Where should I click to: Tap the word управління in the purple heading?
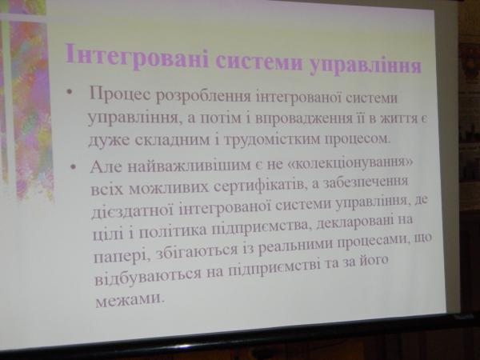click(366, 66)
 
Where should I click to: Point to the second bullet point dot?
click(73, 167)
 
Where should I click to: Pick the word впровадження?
click(303, 118)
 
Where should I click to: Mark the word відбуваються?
click(148, 275)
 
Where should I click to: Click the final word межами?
click(128, 298)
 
